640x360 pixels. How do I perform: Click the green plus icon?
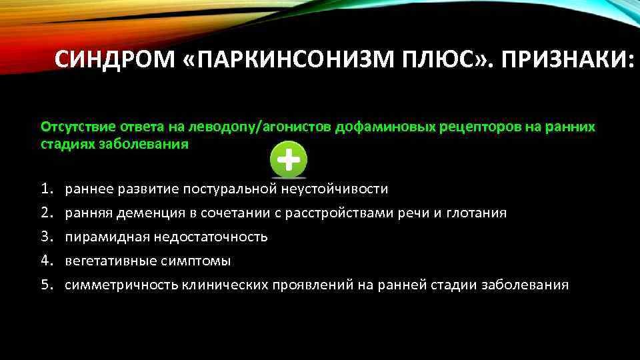[288, 161]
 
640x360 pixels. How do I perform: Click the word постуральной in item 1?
[231, 189]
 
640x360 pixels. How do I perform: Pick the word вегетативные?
[113, 261]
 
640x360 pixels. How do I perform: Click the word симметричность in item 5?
[121, 285]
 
